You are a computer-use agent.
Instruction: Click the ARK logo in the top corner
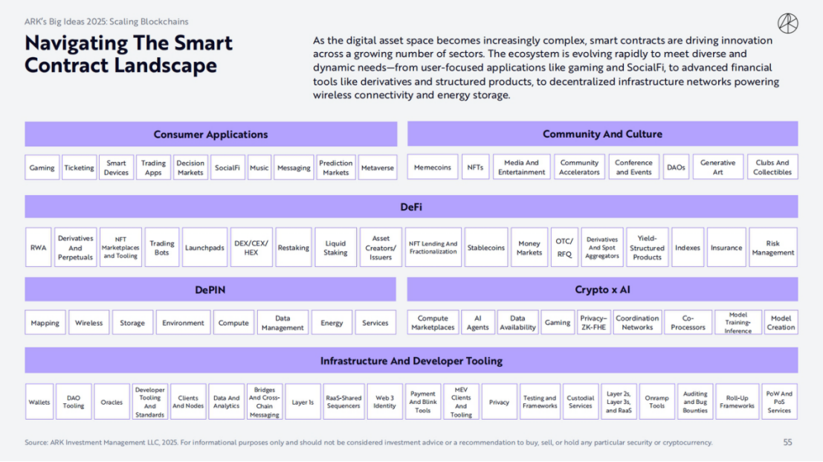coord(787,24)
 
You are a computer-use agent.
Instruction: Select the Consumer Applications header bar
coord(210,135)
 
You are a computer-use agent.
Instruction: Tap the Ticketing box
coord(80,167)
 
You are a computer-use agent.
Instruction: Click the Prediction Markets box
coord(336,167)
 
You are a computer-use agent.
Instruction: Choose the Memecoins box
coord(433,167)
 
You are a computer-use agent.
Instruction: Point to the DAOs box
coord(676,167)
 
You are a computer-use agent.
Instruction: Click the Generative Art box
coord(718,167)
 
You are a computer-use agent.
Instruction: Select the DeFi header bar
coord(412,207)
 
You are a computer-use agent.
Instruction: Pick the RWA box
coord(39,247)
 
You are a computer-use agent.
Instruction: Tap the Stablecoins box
coord(486,247)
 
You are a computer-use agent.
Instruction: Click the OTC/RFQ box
coord(564,247)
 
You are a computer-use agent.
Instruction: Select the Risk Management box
coord(773,247)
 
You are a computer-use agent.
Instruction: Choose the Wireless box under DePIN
coord(88,322)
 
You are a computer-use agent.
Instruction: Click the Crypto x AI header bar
coord(602,289)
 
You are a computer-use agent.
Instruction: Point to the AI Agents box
coord(477,322)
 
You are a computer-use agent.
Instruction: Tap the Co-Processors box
coord(688,322)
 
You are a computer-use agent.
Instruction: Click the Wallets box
coord(39,402)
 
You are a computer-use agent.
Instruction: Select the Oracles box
coord(112,402)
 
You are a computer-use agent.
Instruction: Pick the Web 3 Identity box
coord(384,402)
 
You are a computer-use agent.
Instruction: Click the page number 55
coord(788,443)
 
